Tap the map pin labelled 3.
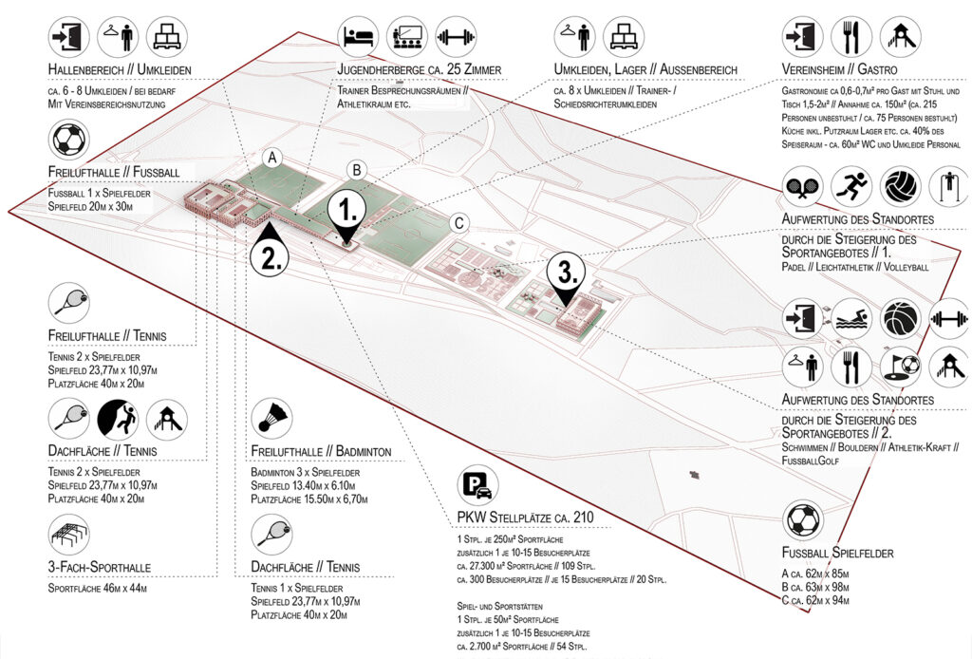(566, 275)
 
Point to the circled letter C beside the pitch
(458, 223)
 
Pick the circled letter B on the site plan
(356, 170)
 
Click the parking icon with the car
(477, 488)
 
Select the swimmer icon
(851, 319)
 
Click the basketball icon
(901, 319)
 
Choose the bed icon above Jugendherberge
(360, 37)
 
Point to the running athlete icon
(851, 187)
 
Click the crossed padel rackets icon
(803, 187)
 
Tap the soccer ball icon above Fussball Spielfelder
(803, 521)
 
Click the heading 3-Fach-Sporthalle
(100, 568)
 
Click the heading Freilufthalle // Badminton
(322, 450)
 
